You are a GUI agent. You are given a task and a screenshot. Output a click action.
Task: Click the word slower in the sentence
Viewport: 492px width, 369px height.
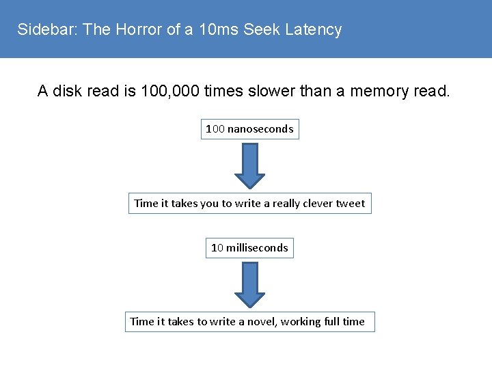(x=259, y=91)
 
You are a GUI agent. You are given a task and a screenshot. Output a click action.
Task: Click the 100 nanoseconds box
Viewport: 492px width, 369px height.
(x=249, y=128)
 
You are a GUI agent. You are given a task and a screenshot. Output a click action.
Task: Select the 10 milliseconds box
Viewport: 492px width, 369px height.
(x=249, y=247)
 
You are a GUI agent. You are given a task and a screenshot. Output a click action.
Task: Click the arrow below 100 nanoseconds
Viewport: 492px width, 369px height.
(x=250, y=165)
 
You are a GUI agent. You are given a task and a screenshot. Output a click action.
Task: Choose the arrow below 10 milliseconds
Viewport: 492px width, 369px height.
(x=250, y=284)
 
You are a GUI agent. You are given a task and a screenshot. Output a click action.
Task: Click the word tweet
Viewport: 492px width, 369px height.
(x=350, y=203)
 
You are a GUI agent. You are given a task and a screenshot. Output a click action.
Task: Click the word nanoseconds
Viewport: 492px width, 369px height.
(x=260, y=128)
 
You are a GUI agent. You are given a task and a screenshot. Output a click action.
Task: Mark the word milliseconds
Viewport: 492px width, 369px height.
(x=258, y=247)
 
